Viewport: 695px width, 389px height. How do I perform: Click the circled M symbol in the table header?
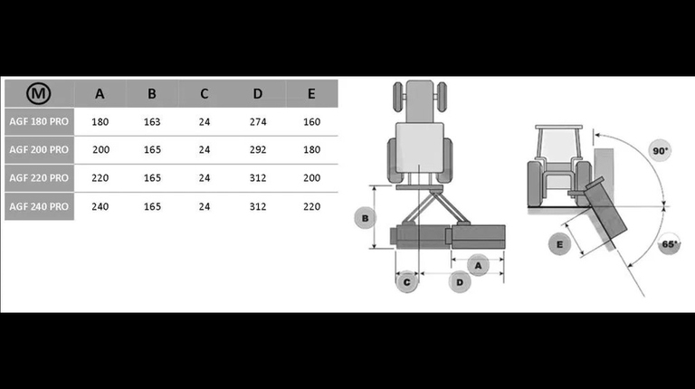38,94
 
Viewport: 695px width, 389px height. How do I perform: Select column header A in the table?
100,94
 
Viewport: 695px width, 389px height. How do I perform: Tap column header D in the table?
259,94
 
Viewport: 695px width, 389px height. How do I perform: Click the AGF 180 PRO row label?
39,121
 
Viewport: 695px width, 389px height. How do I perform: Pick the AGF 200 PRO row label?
39,149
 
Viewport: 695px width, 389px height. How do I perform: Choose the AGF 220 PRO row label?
39,178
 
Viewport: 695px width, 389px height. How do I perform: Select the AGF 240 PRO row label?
39,206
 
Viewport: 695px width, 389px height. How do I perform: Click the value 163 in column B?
152,121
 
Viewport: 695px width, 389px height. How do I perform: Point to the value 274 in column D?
259,121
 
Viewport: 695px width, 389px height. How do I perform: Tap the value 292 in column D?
259,149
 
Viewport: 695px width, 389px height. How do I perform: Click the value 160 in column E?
311,121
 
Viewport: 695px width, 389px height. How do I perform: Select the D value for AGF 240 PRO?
259,206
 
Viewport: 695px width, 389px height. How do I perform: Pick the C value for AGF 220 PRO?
205,178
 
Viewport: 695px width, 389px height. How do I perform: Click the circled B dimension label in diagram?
364,218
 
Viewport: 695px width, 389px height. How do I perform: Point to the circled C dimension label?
407,282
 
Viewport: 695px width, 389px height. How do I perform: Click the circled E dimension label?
560,244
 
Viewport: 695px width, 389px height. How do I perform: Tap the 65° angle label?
671,244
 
